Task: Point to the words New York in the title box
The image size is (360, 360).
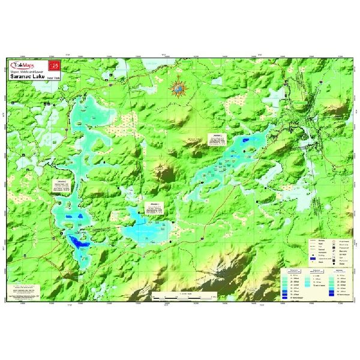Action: click(53, 77)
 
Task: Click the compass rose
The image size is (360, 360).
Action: click(178, 89)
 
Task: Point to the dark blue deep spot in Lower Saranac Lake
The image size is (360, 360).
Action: click(247, 140)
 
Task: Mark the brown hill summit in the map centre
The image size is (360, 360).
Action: click(165, 172)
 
